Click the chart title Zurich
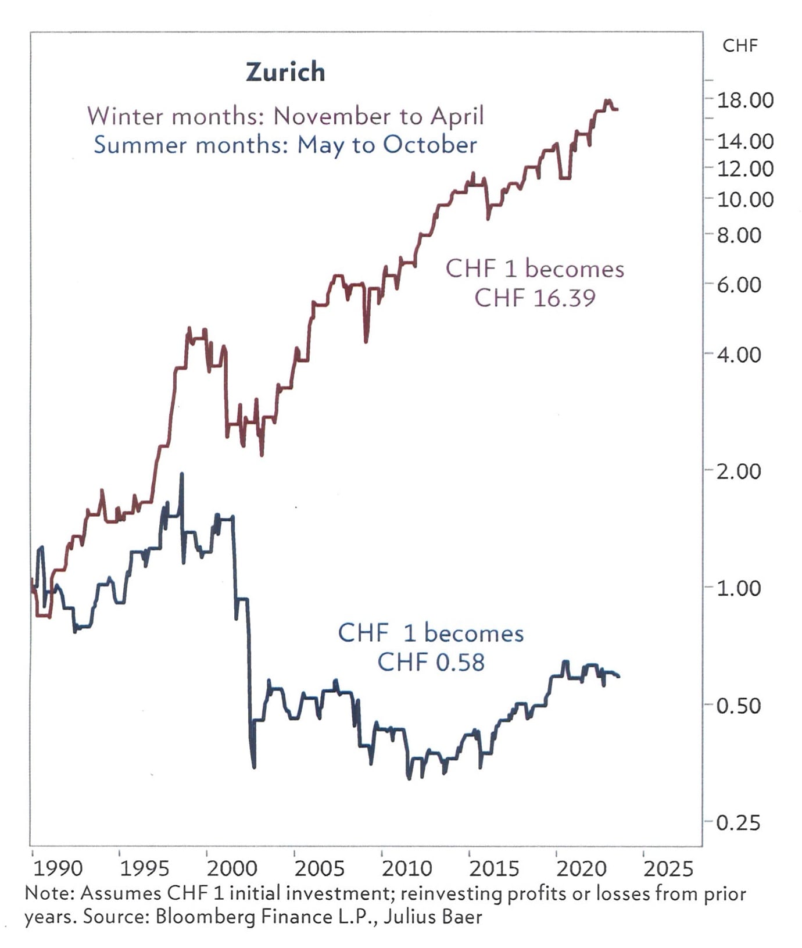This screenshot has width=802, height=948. click(285, 72)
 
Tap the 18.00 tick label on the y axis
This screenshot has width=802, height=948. click(745, 100)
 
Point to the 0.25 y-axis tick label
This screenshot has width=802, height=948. click(738, 823)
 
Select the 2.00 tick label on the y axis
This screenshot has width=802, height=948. click(738, 471)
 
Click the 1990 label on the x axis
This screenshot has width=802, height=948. click(58, 868)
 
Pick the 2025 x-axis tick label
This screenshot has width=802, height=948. click(668, 868)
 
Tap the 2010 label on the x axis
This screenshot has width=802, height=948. click(407, 868)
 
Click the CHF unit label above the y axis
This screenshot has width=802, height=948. click(740, 45)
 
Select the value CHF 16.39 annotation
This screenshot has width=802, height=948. click(535, 298)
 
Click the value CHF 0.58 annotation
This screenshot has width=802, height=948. click(431, 662)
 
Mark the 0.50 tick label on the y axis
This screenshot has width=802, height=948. click(738, 706)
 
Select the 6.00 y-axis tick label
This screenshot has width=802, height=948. click(738, 285)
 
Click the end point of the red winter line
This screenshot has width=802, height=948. click(617, 109)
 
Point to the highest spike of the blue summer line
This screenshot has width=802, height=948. click(181, 474)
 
